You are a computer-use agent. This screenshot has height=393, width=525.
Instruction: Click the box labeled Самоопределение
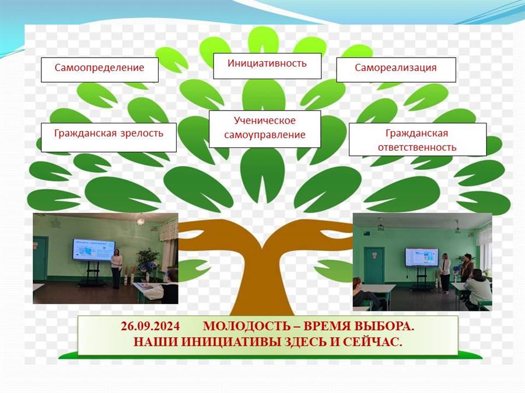pos(99,70)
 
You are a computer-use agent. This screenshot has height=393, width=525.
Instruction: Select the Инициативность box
pos(267,66)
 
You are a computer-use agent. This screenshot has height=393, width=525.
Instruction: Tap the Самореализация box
pos(396,70)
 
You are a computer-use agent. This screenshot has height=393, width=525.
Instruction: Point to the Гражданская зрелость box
pos(108,137)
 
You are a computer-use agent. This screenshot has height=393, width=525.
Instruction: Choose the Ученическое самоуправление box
pos(265,129)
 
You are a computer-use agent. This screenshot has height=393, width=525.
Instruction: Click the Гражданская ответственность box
pos(418,139)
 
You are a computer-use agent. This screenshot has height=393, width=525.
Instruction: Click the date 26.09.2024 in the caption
pos(150,326)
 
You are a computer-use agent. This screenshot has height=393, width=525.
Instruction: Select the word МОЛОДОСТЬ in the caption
pos(246,326)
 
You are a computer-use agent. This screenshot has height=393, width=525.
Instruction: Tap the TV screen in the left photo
pos(94,249)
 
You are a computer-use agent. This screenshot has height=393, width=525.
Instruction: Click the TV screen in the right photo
pos(422,257)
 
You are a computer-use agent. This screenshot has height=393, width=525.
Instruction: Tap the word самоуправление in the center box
pos(265,135)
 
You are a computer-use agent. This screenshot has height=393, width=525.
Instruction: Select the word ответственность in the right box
pos(417,147)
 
